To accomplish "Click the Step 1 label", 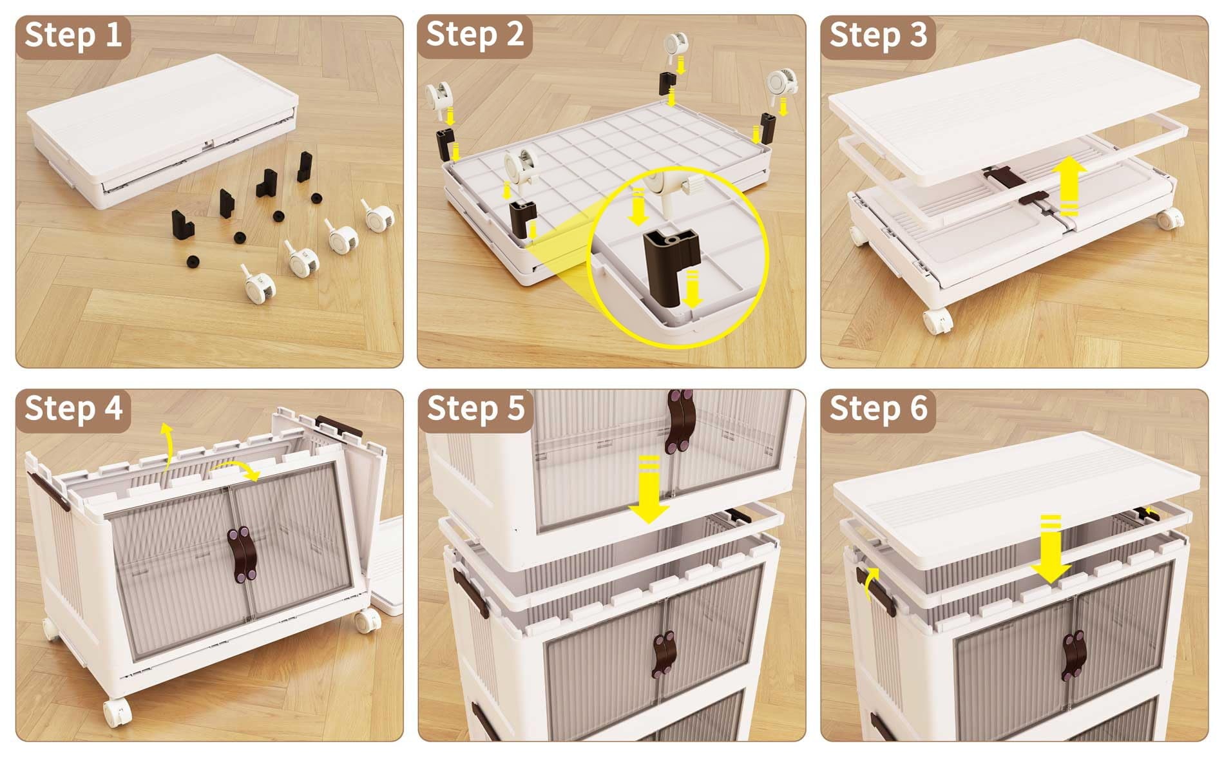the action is (x=73, y=35).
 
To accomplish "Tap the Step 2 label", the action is (x=475, y=35).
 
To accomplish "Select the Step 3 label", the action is (x=878, y=35).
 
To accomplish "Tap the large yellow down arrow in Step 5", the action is (x=649, y=489).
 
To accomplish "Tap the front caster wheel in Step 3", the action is (x=937, y=321).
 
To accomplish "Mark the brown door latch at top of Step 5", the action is (x=677, y=421).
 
